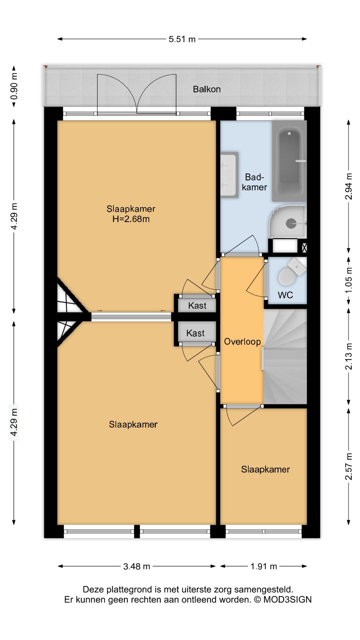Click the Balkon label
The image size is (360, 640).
207,89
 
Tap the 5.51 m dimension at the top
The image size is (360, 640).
182,39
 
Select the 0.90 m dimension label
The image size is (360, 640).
14,87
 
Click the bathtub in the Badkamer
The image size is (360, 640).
289,161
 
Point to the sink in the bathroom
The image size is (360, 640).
229,175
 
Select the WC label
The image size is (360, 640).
285,295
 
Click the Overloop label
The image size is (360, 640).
242,341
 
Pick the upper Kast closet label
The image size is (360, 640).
197,305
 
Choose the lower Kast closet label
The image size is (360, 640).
195,333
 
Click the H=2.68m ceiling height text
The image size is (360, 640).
131,219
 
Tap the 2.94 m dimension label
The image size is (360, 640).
348,186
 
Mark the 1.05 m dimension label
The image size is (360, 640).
348,281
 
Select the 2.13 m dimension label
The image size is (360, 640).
348,356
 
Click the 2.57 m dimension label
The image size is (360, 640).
348,466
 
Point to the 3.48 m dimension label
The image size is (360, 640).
137,566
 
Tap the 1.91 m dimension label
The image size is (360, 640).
264,566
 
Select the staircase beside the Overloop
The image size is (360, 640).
285,357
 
